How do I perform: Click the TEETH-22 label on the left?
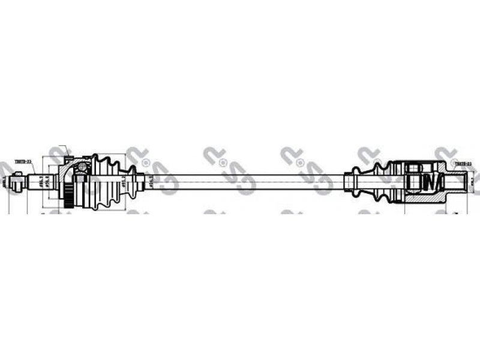[22, 161]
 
